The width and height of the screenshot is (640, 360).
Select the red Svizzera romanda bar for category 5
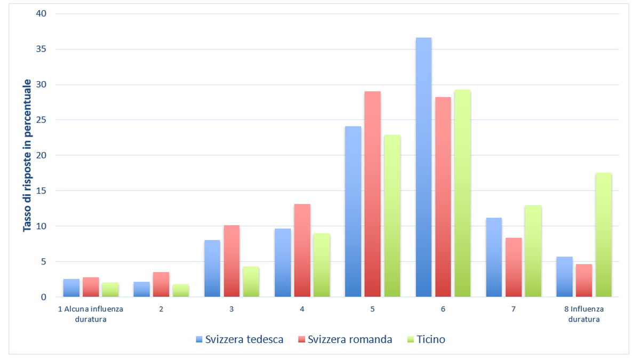(372, 194)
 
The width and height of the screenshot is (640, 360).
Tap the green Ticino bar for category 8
(603, 235)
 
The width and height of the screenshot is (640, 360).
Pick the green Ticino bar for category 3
(251, 282)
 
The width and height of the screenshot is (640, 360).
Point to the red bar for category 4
(302, 250)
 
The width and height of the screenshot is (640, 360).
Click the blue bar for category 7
(494, 257)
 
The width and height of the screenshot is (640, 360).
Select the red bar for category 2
(161, 284)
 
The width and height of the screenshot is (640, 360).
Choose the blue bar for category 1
(71, 288)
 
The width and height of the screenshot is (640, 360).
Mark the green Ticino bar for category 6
(462, 193)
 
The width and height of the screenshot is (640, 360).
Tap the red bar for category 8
(583, 281)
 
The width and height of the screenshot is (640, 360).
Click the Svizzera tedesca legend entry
(239, 339)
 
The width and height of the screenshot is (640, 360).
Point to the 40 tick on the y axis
(41, 13)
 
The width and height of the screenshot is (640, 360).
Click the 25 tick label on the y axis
(41, 120)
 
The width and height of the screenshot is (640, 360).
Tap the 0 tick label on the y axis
(44, 297)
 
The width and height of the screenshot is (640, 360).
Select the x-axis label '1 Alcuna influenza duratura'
(91, 314)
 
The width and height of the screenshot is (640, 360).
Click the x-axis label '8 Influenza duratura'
(584, 314)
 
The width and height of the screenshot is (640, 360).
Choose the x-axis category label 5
(372, 309)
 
